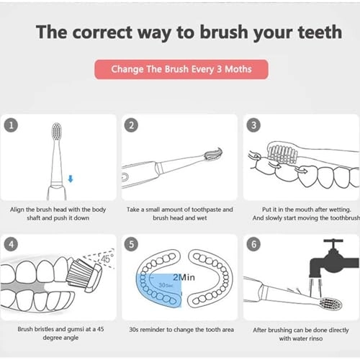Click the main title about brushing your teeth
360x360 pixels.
click(180, 32)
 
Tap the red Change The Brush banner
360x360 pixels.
click(180, 70)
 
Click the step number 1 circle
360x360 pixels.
click(11, 125)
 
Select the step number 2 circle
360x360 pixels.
click(132, 125)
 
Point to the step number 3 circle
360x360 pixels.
click(253, 125)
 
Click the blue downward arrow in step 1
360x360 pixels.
click(69, 178)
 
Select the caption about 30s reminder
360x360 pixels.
click(180, 330)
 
